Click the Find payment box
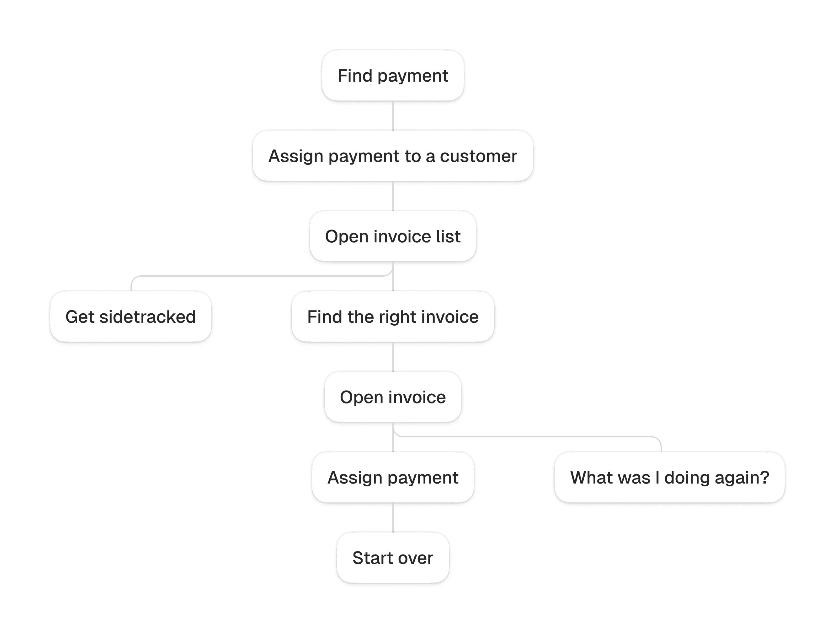pyautogui.click(x=393, y=76)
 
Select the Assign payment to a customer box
pyautogui.click(x=393, y=156)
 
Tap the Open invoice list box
pyautogui.click(x=393, y=236)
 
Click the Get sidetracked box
pyautogui.click(x=130, y=317)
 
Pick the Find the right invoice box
pyautogui.click(x=393, y=317)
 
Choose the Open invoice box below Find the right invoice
pyautogui.click(x=393, y=397)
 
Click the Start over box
pyautogui.click(x=393, y=558)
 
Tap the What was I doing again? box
pyautogui.click(x=669, y=477)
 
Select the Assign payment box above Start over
pyautogui.click(x=393, y=477)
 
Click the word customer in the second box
pyautogui.click(x=478, y=156)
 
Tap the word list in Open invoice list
pyautogui.click(x=449, y=236)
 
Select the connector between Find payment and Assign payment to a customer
pyautogui.click(x=393, y=115)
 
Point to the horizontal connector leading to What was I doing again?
pyautogui.click(x=529, y=437)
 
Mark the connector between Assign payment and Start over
pyautogui.click(x=393, y=517)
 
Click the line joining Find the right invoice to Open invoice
pyautogui.click(x=393, y=356)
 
